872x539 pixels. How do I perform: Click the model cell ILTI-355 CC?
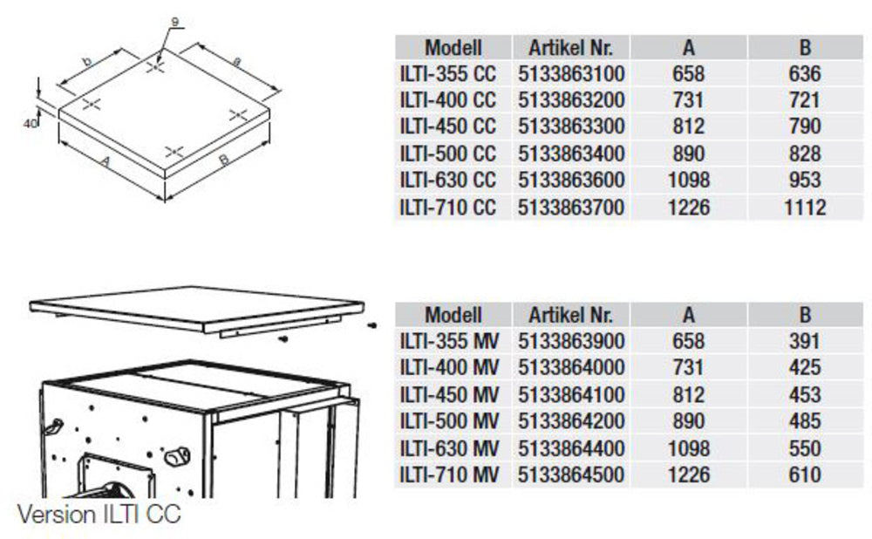point(447,73)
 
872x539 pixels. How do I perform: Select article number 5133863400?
point(571,153)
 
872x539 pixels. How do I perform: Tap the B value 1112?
point(804,208)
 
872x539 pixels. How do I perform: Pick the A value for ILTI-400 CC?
point(689,100)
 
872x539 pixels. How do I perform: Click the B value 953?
point(804,180)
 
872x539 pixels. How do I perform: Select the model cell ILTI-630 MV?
point(449,447)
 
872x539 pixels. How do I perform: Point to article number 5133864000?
point(571,367)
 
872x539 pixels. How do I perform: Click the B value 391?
point(804,341)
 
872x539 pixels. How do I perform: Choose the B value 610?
point(804,474)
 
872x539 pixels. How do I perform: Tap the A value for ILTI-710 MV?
point(689,474)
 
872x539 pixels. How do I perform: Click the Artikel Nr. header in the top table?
point(570,48)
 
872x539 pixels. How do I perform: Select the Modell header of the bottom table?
point(453,315)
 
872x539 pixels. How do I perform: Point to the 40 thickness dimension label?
point(30,124)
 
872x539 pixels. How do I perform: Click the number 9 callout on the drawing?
point(174,23)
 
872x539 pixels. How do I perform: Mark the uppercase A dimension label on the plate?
point(106,161)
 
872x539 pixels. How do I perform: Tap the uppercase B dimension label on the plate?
point(224,160)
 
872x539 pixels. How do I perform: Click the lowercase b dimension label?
point(87,61)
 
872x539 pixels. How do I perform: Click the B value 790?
point(804,126)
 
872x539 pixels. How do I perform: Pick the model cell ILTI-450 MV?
point(449,394)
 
